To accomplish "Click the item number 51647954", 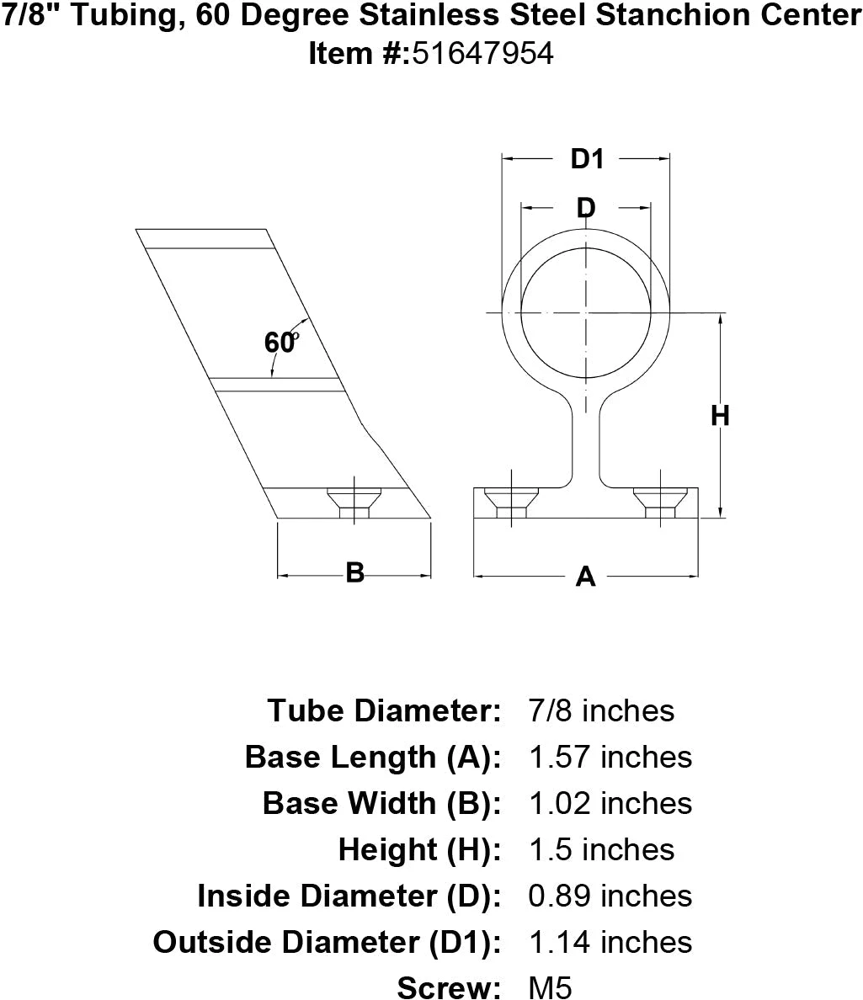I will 482,53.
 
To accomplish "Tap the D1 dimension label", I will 587,157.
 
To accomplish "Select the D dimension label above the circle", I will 586,207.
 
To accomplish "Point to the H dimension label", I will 720,415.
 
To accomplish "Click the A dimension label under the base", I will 585,577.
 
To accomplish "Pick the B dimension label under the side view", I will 355,573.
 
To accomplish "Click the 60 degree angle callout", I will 281,343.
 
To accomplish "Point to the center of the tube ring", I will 586,313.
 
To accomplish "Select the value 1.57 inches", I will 610,757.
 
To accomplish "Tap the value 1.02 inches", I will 610,803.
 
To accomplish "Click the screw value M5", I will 550,987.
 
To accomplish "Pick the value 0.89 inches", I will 610,896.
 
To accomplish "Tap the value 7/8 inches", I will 601,710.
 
